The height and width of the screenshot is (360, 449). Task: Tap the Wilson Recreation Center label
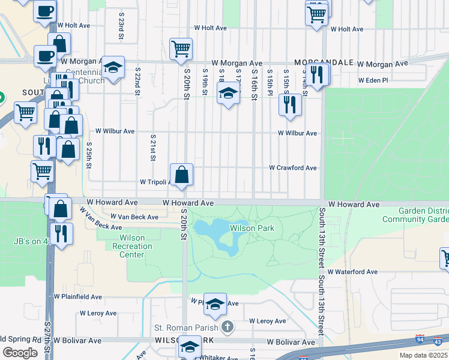pyautogui.click(x=128, y=246)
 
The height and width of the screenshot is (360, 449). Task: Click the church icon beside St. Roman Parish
pyautogui.click(x=227, y=327)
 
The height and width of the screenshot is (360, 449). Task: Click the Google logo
pyautogui.click(x=20, y=353)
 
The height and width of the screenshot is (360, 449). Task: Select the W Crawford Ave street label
pyautogui.click(x=292, y=168)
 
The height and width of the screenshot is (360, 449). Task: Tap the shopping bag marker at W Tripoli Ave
pyautogui.click(x=181, y=175)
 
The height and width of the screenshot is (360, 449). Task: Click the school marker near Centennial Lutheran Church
pyautogui.click(x=112, y=68)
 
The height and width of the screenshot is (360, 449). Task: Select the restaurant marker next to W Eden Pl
pyautogui.click(x=317, y=74)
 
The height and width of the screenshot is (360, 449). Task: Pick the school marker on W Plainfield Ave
pyautogui.click(x=215, y=305)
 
